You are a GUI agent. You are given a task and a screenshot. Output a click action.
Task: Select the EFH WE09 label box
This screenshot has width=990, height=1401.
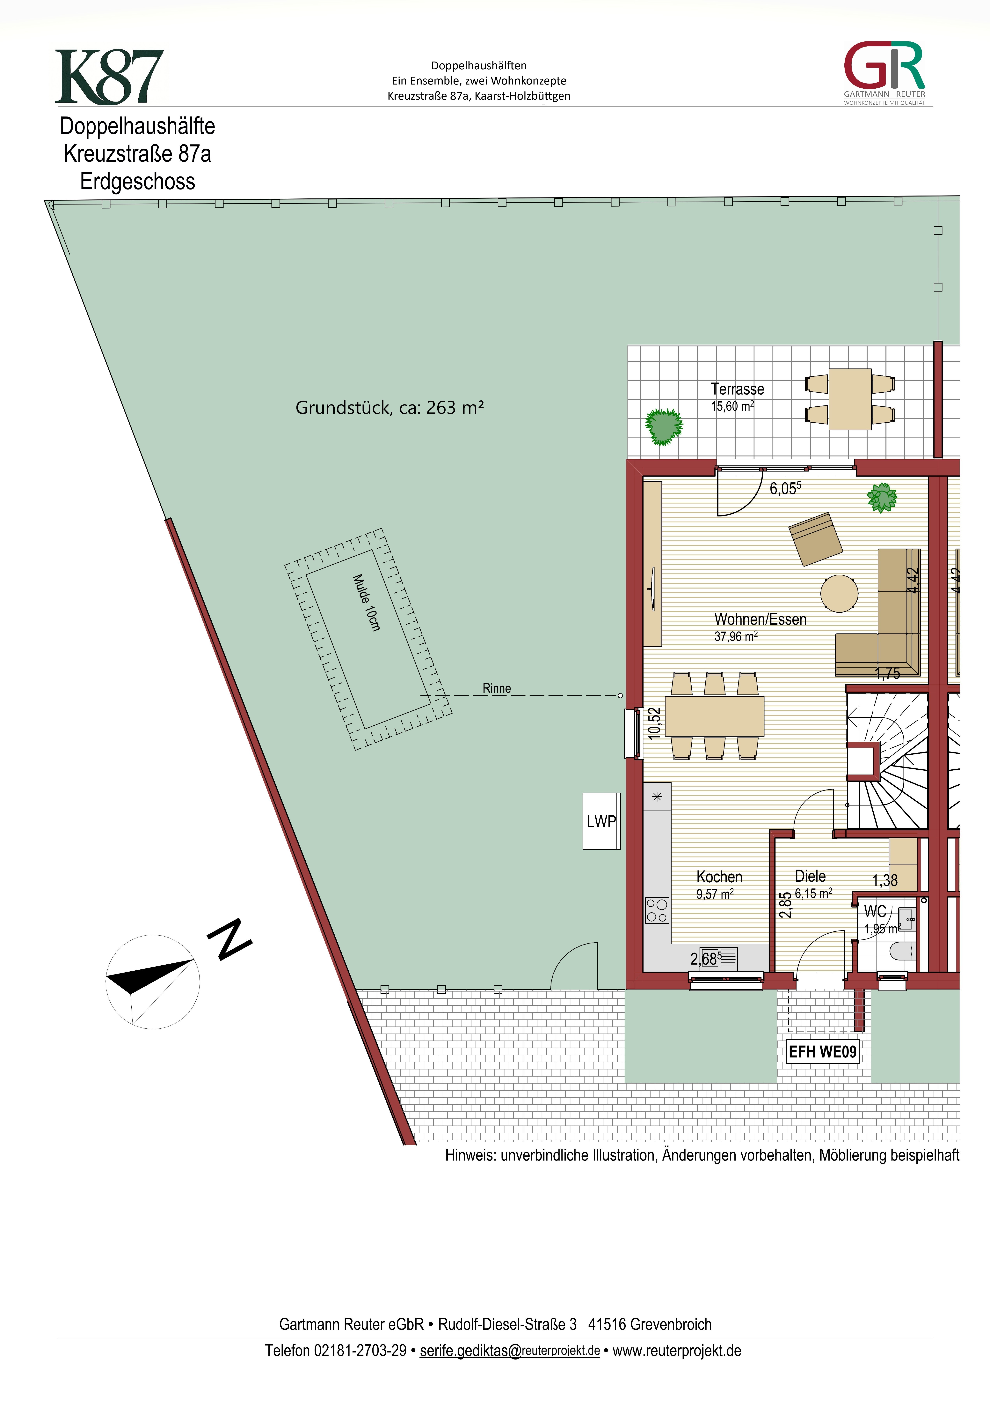pos(822,1051)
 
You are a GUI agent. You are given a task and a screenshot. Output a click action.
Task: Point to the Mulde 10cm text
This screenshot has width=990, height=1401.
pos(367,602)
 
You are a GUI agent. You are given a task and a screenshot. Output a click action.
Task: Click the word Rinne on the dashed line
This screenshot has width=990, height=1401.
pos(497,688)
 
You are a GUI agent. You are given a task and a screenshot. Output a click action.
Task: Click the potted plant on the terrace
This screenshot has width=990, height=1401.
pos(664,426)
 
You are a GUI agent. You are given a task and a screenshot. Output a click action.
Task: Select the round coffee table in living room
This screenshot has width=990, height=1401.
pos(839,593)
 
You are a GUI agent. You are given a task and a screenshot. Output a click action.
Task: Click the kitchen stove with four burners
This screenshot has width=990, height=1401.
pos(657,910)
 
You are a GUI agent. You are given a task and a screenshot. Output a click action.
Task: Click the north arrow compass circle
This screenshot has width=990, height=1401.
pos(152,982)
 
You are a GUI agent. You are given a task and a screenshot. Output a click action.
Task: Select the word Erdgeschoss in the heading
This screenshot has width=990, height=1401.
pos(138,181)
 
